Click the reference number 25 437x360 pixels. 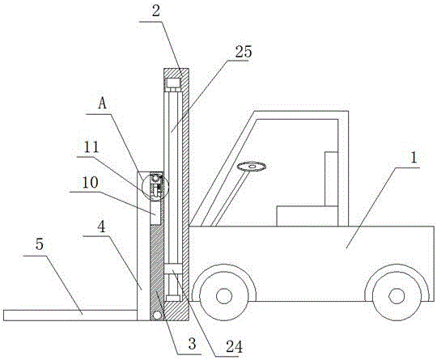(244, 52)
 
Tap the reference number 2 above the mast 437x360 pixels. (156, 11)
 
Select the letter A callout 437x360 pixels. (103, 104)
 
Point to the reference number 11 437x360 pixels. (91, 147)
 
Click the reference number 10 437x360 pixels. (91, 183)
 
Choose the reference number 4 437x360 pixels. (102, 227)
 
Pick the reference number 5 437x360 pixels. (40, 244)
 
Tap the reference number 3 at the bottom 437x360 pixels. (192, 344)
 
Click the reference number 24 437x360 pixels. (234, 347)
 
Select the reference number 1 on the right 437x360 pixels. (414, 158)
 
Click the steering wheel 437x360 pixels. (252, 167)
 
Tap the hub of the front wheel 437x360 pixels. (224, 296)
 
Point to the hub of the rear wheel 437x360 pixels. (397, 296)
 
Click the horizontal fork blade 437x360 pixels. (70, 316)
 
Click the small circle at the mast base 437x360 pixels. (157, 316)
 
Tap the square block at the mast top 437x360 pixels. (173, 83)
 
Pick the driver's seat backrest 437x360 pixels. (331, 179)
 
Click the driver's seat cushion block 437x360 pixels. (308, 216)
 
